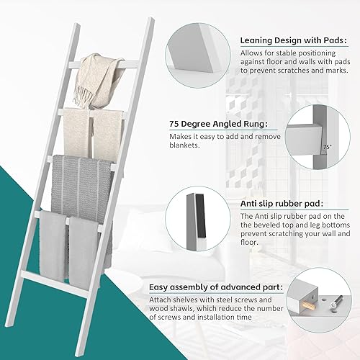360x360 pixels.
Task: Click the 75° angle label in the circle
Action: pyautogui.click(x=327, y=147)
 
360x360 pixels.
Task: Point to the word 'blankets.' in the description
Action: pyautogui.click(x=184, y=145)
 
